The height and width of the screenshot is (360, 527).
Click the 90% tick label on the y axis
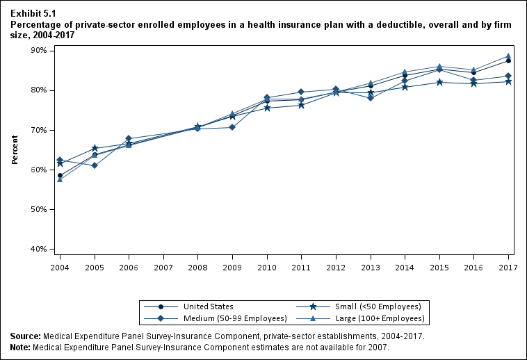(37, 51)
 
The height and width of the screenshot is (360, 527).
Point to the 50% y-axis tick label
(37, 209)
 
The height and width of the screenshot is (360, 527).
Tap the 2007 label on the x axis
(163, 267)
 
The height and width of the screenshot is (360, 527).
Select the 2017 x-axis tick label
(508, 267)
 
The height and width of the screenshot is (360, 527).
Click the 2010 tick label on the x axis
(266, 267)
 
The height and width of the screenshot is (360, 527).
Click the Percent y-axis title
(15, 150)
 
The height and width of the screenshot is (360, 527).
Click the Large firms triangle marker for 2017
(508, 56)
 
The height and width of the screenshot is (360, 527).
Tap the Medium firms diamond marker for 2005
(95, 165)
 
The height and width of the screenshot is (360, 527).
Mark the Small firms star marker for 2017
(508, 81)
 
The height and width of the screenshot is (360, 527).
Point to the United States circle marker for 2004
(60, 175)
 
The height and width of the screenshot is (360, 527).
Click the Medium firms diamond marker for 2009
(232, 127)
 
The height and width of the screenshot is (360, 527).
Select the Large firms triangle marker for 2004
(60, 179)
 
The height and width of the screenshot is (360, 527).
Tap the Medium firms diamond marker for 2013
(371, 97)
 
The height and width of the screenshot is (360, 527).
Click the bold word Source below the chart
(25, 336)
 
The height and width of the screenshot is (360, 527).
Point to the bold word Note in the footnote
(21, 346)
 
